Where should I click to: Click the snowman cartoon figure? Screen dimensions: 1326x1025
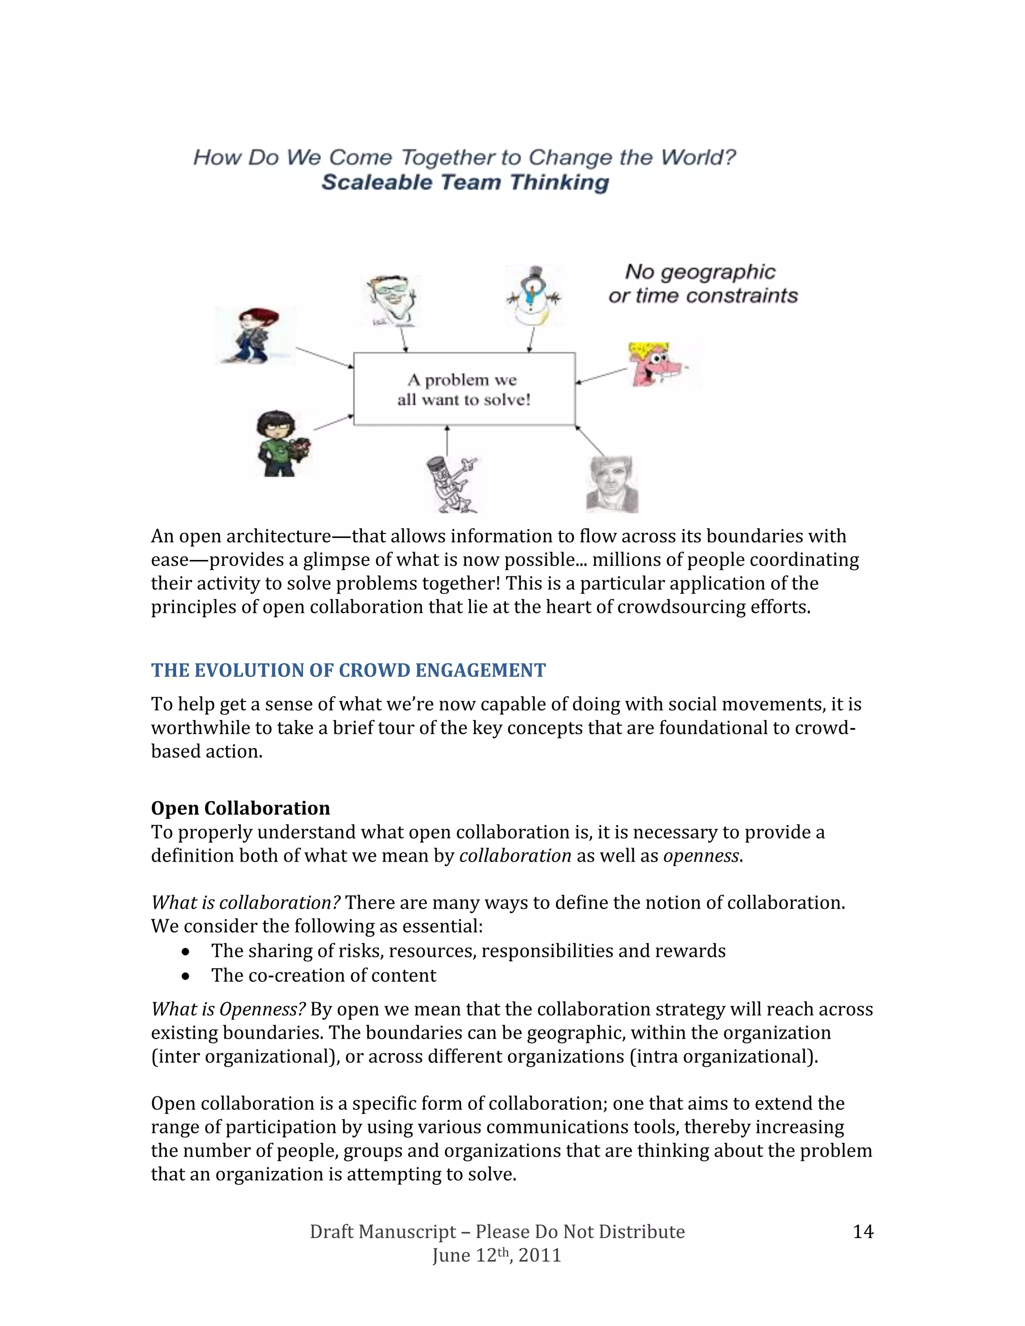[534, 296]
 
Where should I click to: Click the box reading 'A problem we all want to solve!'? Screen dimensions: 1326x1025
[464, 389]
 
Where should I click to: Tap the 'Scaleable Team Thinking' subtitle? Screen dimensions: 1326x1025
[465, 182]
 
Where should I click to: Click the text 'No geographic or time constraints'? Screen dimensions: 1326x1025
[702, 284]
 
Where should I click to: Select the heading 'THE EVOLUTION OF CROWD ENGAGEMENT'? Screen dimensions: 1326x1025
[348, 671]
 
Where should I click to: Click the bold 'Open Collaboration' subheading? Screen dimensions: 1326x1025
[240, 808]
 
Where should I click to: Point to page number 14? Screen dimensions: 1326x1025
[863, 1231]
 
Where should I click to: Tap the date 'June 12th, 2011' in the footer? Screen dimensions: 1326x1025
[496, 1255]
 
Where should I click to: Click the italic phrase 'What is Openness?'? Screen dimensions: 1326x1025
[228, 1009]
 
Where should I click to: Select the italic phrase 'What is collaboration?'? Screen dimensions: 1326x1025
[245, 903]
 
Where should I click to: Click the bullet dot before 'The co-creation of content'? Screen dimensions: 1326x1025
[186, 976]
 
